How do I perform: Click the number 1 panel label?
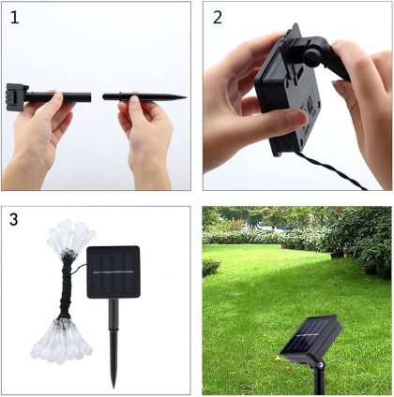pos(14,17)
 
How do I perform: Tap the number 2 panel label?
pos(218,17)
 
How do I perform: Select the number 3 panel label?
pos(14,219)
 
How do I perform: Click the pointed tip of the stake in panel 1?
pos(186,97)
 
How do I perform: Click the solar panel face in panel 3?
pos(114,272)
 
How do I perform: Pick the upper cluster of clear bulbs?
pos(70,237)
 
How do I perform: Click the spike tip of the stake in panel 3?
pos(114,387)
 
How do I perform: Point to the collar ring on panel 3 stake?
pos(114,330)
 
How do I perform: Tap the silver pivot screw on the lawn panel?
pos(320,364)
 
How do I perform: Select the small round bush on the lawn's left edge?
pos(211,268)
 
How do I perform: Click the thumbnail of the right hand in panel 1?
pos(134,102)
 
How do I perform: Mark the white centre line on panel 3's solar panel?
pos(114,272)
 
